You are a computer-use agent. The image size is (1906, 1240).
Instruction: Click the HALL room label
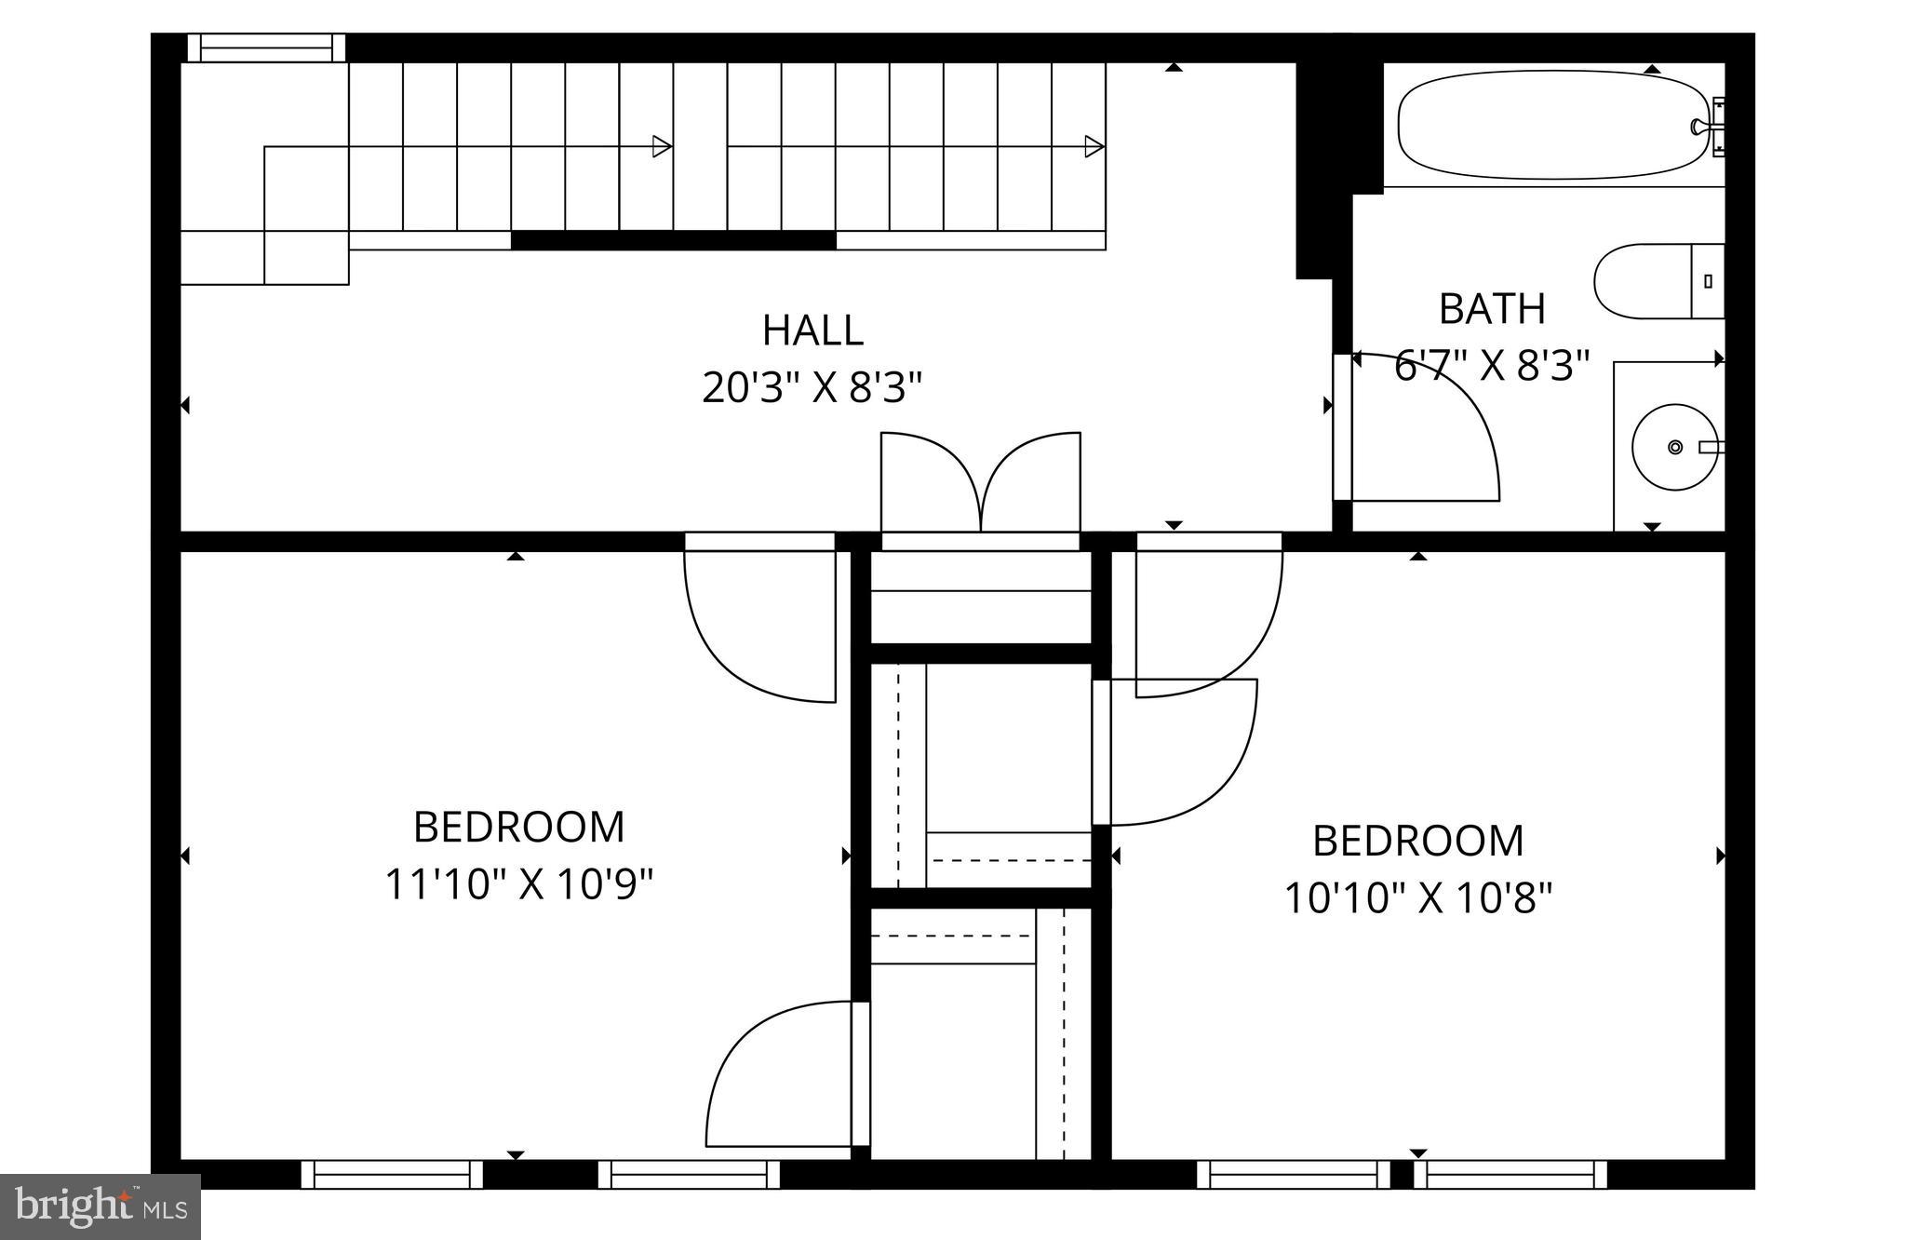pos(812,330)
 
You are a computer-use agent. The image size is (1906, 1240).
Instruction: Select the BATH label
pos(1492,309)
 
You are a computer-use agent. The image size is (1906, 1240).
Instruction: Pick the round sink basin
pos(1674,447)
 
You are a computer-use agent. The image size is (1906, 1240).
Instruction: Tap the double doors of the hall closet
pos(980,484)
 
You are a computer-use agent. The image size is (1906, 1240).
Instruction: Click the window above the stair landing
pos(266,47)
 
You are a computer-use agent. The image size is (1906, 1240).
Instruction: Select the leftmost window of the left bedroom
pos(392,1175)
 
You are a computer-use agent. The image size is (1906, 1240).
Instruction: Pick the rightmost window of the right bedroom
pos(1510,1175)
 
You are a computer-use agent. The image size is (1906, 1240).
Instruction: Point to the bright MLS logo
pos(101,1207)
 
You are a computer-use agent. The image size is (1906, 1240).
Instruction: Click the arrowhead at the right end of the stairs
pos(1094,146)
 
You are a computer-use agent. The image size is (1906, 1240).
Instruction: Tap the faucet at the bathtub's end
pos(1707,127)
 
